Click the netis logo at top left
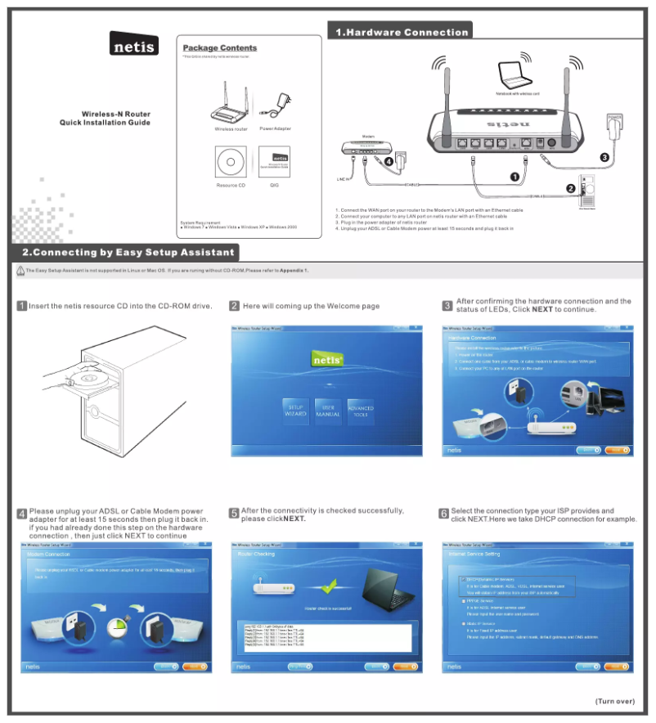tap(134, 45)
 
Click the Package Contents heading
tap(219, 48)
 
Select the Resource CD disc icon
tap(231, 163)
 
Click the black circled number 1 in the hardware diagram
tap(514, 176)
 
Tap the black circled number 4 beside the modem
tap(389, 161)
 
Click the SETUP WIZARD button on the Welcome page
tap(295, 411)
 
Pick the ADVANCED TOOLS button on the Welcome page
tap(361, 411)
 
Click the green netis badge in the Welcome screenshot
tap(328, 358)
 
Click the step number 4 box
tap(22, 514)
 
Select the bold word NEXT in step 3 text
tap(542, 310)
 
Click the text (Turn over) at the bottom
tap(614, 701)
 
